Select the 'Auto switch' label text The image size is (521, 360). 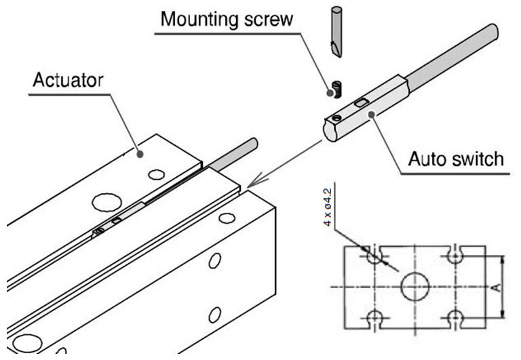coord(455,159)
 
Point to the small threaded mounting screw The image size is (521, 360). coord(336,88)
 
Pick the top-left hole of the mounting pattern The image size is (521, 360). coord(372,257)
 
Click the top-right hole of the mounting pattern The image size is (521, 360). coord(456,256)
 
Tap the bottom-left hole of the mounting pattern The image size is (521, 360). coord(372,316)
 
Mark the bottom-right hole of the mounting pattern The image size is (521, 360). coord(456,316)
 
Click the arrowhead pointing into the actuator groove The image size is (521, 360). coord(252,183)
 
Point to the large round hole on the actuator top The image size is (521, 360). coord(106,201)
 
